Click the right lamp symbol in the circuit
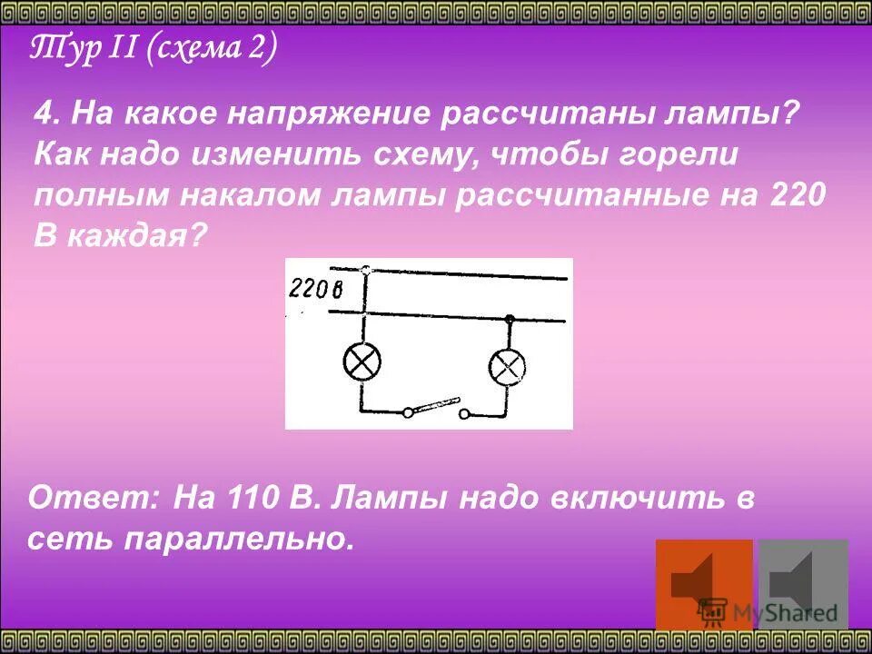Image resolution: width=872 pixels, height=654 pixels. [x=508, y=367]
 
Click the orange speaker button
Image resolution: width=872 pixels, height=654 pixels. [x=704, y=584]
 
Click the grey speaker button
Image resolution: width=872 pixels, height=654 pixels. [x=803, y=584]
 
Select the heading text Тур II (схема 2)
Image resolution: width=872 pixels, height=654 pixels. [x=153, y=50]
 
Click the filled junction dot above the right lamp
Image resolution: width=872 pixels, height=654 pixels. [x=510, y=319]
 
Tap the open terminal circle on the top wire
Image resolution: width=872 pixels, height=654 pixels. [x=365, y=270]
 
